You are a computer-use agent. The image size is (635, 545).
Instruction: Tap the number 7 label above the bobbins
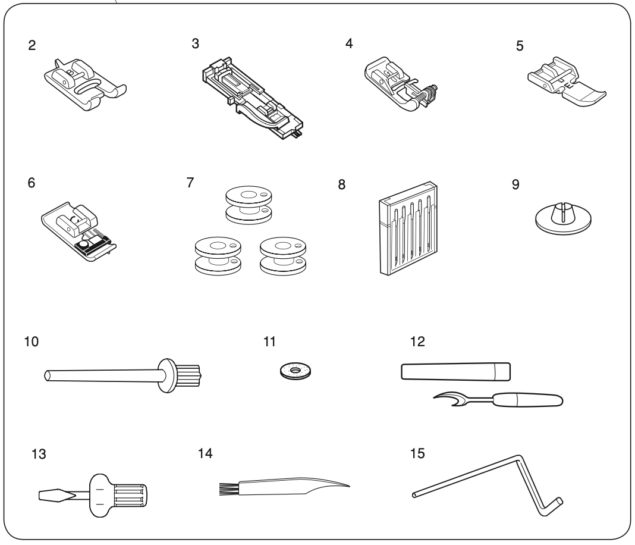pos(190,183)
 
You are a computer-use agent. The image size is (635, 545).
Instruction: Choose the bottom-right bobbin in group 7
pos(284,256)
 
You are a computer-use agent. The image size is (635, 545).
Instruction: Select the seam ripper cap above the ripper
pos(456,371)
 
